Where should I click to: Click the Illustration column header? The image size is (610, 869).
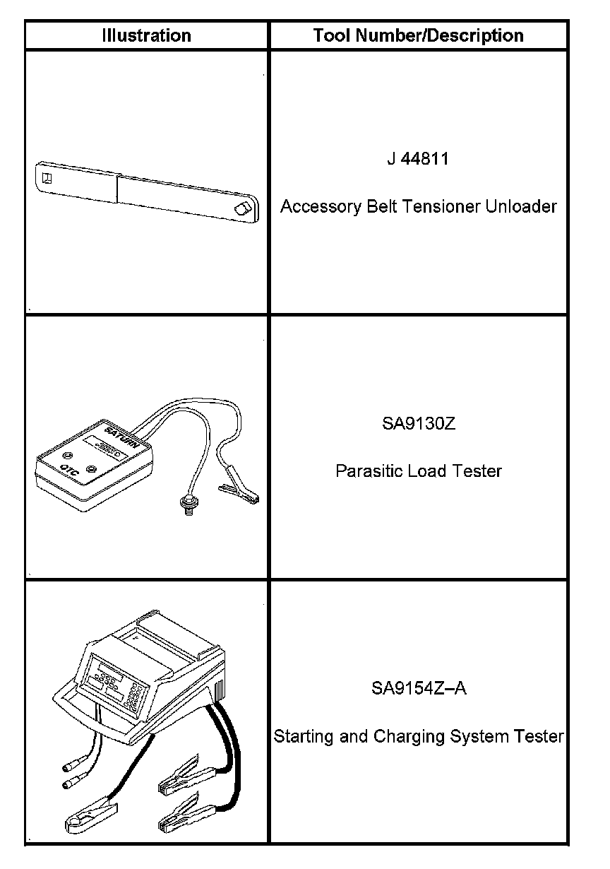pos(146,35)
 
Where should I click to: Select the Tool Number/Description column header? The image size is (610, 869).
pos(418,35)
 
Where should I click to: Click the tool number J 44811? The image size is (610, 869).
pos(418,158)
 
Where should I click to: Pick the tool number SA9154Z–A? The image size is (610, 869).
pos(418,688)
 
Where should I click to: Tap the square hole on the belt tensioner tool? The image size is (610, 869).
pos(47,177)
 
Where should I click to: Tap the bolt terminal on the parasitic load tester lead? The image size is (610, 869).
pos(188,507)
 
